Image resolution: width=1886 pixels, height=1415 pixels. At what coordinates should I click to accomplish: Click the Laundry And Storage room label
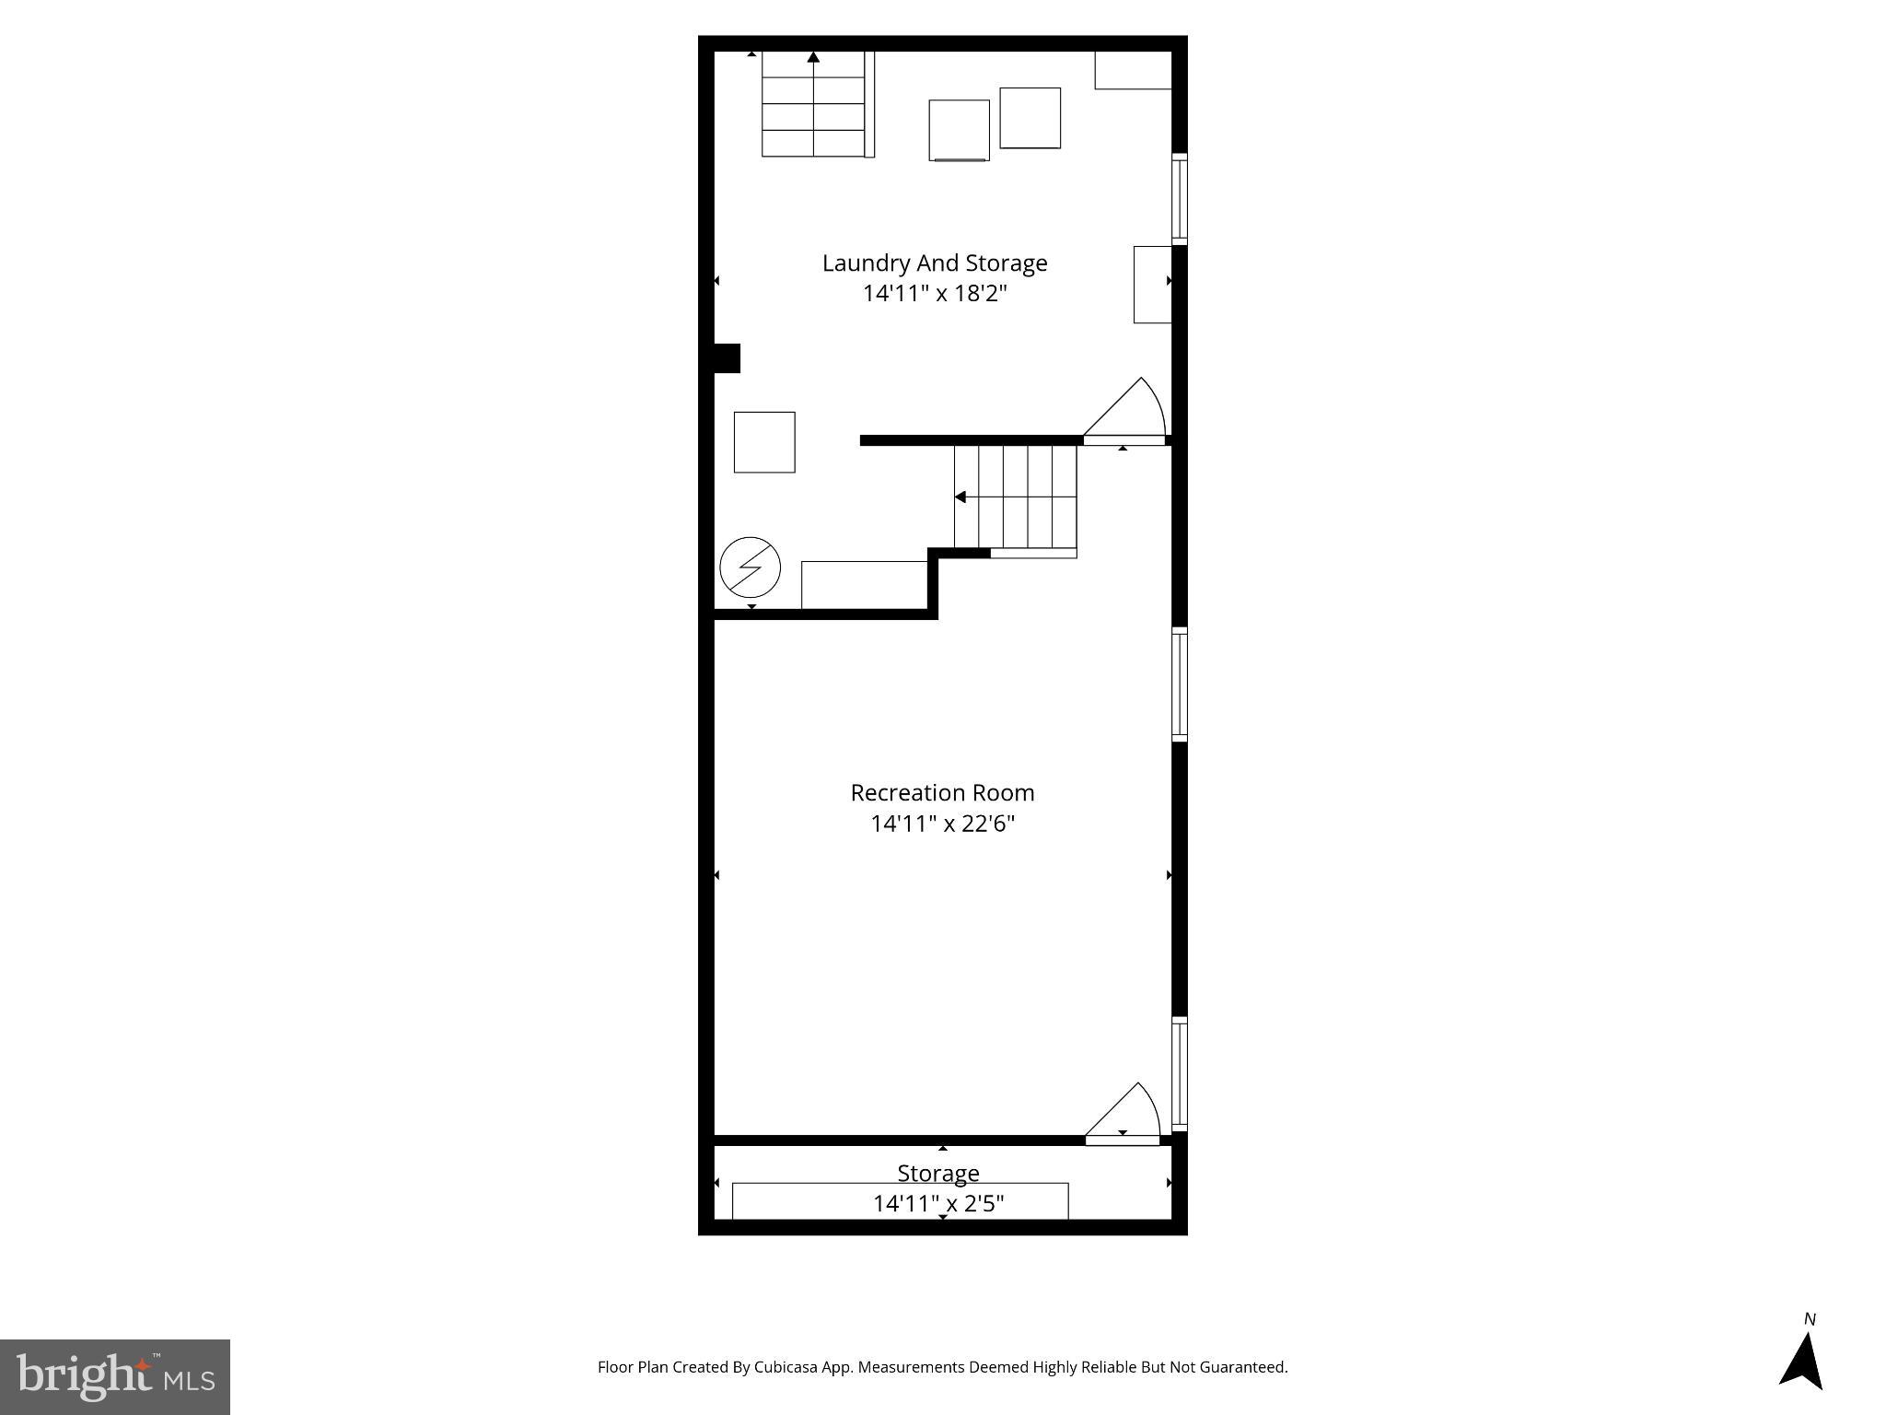[934, 263]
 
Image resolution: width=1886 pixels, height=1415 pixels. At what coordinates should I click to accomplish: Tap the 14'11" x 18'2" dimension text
[934, 294]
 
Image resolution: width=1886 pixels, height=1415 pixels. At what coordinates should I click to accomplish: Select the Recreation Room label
[942, 793]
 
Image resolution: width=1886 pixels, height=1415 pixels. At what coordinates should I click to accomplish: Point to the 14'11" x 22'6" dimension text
[942, 824]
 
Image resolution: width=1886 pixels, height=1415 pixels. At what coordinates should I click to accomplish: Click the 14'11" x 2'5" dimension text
[937, 1203]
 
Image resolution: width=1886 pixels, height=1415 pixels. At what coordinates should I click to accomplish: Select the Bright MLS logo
[115, 1376]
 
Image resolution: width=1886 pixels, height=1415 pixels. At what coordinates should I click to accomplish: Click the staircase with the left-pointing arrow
[1015, 497]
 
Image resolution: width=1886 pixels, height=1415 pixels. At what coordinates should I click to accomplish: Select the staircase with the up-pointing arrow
[813, 104]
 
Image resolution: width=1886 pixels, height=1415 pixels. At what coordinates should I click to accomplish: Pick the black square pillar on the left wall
[727, 358]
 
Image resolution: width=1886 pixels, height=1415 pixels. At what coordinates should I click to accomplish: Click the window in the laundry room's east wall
[1179, 199]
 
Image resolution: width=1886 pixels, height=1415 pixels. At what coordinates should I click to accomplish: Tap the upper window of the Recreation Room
[1179, 684]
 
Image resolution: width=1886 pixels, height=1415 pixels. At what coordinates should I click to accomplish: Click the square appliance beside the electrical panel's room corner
[764, 442]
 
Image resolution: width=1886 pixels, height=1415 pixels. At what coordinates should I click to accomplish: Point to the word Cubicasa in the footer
[786, 1367]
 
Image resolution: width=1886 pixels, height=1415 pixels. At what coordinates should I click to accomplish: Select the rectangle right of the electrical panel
[864, 585]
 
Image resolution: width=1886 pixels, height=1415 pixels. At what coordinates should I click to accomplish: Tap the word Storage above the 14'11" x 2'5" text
[937, 1174]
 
